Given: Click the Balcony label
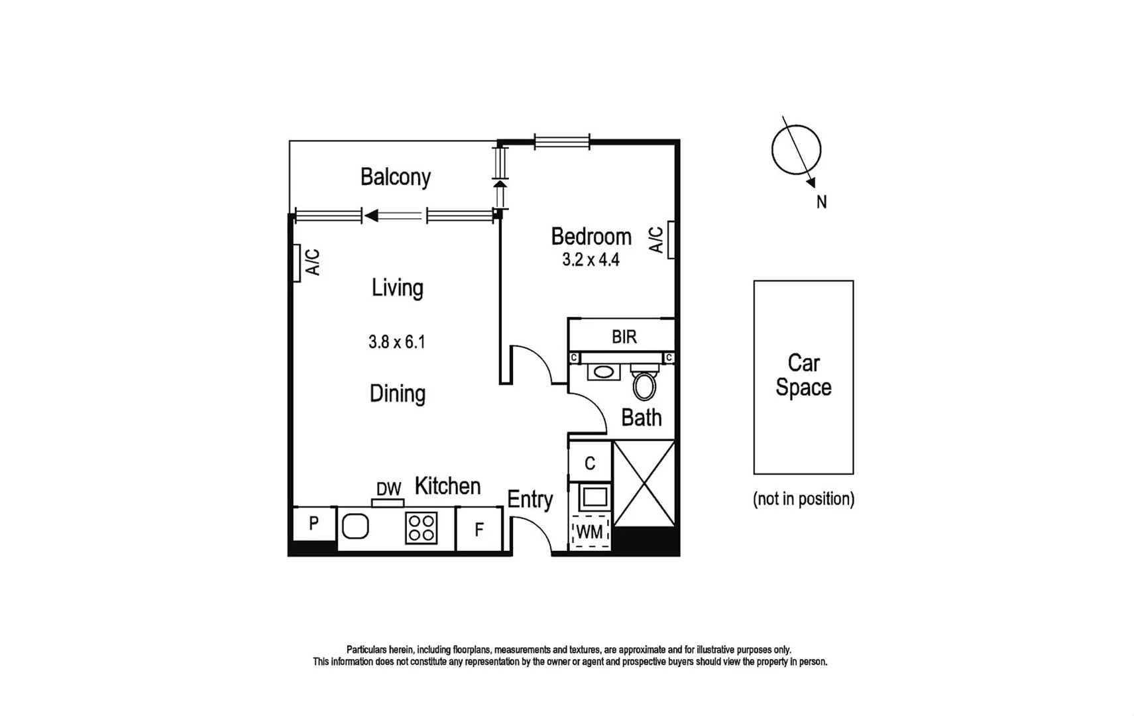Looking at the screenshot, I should point(396,177).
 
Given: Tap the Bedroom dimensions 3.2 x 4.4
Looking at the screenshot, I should point(591,260).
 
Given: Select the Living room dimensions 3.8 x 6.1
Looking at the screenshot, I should point(396,342).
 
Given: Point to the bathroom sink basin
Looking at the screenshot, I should point(603,371).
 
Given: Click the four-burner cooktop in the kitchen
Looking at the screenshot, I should point(422,528).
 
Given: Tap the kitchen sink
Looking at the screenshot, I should point(355,527).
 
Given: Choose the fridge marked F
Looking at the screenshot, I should point(479,529).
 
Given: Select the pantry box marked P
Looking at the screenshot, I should point(314,524).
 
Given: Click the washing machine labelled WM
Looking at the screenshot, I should point(590,532).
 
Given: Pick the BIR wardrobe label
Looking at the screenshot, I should point(624,337).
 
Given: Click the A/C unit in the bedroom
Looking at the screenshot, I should point(671,239).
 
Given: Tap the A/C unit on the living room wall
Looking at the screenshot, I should point(296,263).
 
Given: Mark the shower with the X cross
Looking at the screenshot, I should point(644,483).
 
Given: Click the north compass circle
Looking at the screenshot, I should point(796,150).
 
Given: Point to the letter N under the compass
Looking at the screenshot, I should point(821,202).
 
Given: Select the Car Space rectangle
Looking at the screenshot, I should point(803,377).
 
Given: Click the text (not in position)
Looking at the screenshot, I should point(803,499).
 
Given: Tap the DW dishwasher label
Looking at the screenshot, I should point(388,489).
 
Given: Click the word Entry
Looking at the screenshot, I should point(530,499).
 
